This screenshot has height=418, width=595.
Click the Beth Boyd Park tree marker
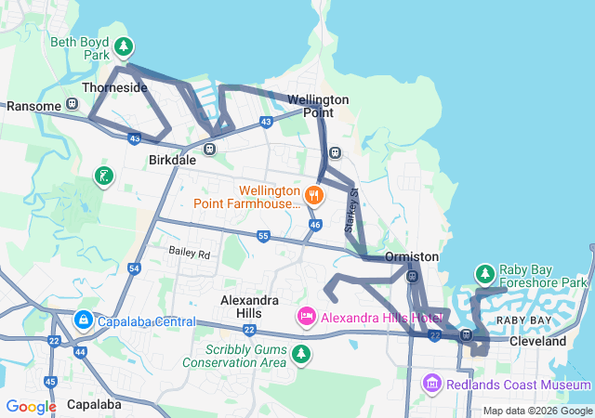(x=123, y=46)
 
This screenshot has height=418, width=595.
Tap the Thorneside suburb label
(x=115, y=87)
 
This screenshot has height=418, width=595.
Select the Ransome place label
(x=33, y=106)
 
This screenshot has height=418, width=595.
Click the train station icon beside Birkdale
(x=211, y=148)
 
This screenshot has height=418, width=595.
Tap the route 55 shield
(x=263, y=238)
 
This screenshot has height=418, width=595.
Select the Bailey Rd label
(x=190, y=253)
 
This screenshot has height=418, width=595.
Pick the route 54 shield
(x=134, y=268)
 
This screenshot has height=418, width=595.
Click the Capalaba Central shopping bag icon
(x=84, y=320)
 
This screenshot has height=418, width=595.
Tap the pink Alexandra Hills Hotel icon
(x=306, y=318)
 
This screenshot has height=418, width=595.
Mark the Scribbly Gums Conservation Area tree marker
(x=300, y=354)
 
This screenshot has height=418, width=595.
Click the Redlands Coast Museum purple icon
(x=431, y=384)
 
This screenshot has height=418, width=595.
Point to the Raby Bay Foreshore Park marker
(x=484, y=274)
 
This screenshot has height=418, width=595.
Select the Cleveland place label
(x=538, y=342)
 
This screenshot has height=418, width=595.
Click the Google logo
(x=31, y=406)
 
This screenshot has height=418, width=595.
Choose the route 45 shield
(x=50, y=382)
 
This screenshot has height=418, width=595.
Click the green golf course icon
(x=105, y=176)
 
